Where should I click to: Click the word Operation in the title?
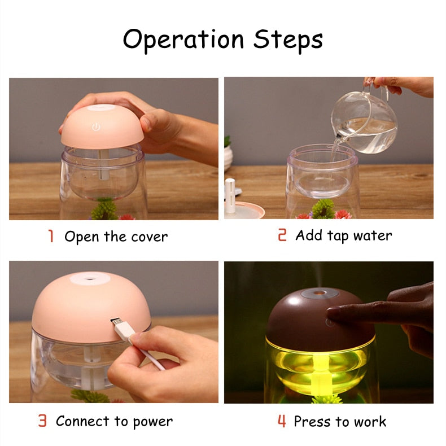pyautogui.click(x=184, y=40)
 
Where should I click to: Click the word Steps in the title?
pyautogui.click(x=288, y=40)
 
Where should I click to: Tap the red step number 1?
pyautogui.click(x=51, y=236)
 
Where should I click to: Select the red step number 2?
pyautogui.click(x=282, y=235)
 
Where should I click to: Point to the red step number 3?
pyautogui.click(x=42, y=421)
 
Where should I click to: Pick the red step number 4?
pyautogui.click(x=282, y=421)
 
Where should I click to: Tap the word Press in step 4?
pyautogui.click(x=313, y=421)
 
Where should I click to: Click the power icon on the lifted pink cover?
pyautogui.click(x=96, y=127)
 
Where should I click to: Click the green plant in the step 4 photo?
pyautogui.click(x=327, y=399)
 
